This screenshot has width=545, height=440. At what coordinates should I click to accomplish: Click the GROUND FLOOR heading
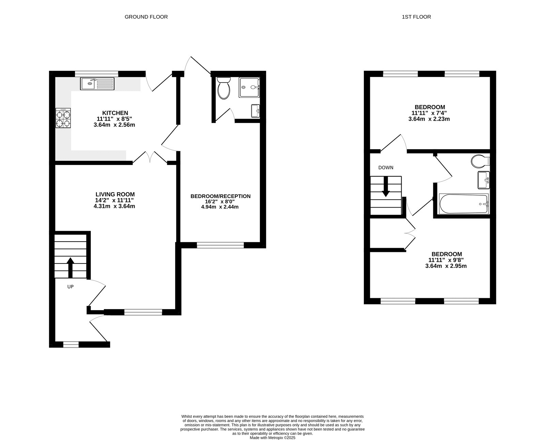(146, 17)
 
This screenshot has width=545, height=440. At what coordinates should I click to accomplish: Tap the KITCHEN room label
(115, 113)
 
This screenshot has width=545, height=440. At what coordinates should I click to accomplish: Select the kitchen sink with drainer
(98, 84)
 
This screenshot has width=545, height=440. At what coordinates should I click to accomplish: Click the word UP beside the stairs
(70, 287)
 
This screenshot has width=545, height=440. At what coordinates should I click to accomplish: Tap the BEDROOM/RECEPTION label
(220, 196)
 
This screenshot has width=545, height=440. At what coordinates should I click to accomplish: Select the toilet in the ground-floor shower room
(224, 88)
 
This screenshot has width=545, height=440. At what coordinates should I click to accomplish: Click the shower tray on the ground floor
(249, 87)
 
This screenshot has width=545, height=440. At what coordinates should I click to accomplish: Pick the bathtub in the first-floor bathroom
(464, 204)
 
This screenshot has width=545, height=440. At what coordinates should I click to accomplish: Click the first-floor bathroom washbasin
(483, 180)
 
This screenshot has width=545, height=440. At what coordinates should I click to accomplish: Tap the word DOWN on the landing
(386, 167)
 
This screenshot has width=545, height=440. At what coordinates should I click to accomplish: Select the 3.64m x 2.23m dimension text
(429, 119)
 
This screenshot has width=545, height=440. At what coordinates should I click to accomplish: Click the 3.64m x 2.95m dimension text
(446, 266)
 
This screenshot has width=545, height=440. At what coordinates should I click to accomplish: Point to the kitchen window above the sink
(97, 73)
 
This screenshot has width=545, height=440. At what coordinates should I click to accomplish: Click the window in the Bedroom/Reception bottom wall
(220, 245)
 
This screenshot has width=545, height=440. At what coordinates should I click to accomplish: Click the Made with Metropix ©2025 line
(272, 438)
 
